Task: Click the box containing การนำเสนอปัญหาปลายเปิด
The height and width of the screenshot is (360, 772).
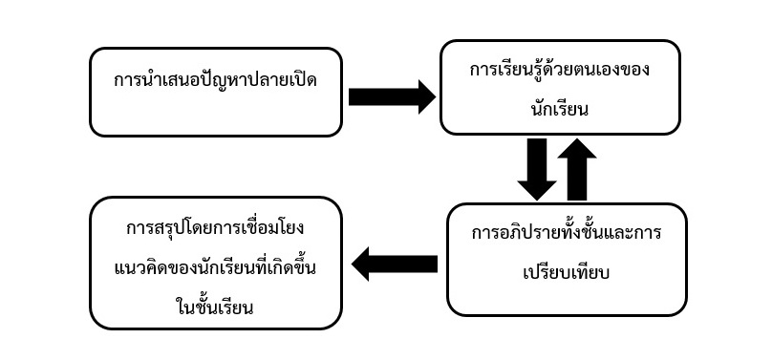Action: point(215,92)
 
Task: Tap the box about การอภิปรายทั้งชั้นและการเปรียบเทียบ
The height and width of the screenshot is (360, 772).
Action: point(567,258)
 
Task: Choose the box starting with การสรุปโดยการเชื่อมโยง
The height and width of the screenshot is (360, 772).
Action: point(215,264)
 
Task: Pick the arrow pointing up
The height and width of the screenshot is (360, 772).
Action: point(577,168)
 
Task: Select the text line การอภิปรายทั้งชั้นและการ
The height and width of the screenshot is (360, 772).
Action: point(567,235)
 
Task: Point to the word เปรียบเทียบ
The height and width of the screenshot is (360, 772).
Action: point(567,273)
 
